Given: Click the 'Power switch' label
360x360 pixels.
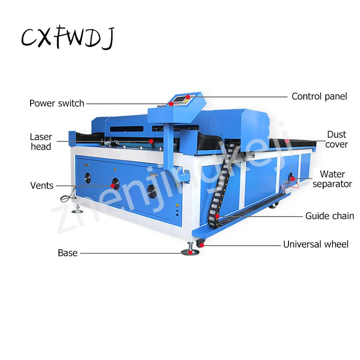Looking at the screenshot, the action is tap(57, 103).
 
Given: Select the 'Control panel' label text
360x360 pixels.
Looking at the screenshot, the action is tap(319, 96).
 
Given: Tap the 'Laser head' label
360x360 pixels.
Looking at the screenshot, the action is tap(41, 141).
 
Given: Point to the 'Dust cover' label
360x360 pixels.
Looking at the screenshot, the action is tap(337, 139).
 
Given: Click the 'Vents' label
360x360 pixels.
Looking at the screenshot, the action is tap(42, 185).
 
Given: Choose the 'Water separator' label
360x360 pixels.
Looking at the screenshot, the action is tap(332, 179).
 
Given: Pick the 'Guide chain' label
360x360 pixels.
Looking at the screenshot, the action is tap(329, 216).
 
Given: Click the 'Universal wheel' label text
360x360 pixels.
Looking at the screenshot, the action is tap(315, 244).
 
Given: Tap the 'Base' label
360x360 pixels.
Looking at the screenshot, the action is tap(67, 253).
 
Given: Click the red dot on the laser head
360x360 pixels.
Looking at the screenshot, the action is tap(152, 141).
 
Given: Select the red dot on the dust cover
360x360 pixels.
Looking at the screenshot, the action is tap(287, 141).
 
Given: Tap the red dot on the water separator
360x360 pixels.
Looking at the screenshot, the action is tap(293, 180).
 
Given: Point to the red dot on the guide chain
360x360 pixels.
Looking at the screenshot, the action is tap(217, 216).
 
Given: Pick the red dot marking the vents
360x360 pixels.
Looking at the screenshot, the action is tap(112, 185).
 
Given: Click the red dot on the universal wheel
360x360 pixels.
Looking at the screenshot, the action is tap(201, 244).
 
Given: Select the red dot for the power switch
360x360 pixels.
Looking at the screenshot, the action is tap(171, 104).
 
